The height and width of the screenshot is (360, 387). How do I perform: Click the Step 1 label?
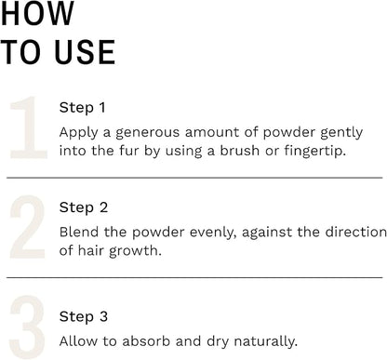[82, 107]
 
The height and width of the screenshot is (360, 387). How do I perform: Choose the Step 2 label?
[83, 207]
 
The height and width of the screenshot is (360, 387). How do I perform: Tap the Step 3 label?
[83, 316]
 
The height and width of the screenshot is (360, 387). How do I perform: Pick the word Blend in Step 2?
[79, 232]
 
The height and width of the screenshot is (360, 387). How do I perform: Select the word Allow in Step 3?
[78, 340]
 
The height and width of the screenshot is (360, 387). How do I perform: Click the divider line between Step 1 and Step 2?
[194, 177]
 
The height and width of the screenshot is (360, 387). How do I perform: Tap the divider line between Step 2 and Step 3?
[194, 277]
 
